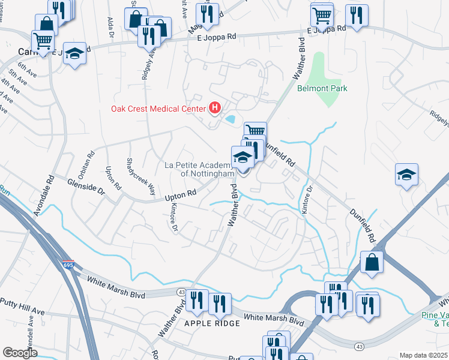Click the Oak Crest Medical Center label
(x=158, y=109)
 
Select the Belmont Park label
(x=322, y=88)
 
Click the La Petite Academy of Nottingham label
(x=198, y=169)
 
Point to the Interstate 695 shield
(x=68, y=265)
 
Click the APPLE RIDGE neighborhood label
(x=212, y=323)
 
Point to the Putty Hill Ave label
(x=22, y=307)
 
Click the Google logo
(x=20, y=353)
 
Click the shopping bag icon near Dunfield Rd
(x=372, y=262)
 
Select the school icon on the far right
(x=406, y=175)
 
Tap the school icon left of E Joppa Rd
(x=74, y=53)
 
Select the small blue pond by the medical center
(x=230, y=119)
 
